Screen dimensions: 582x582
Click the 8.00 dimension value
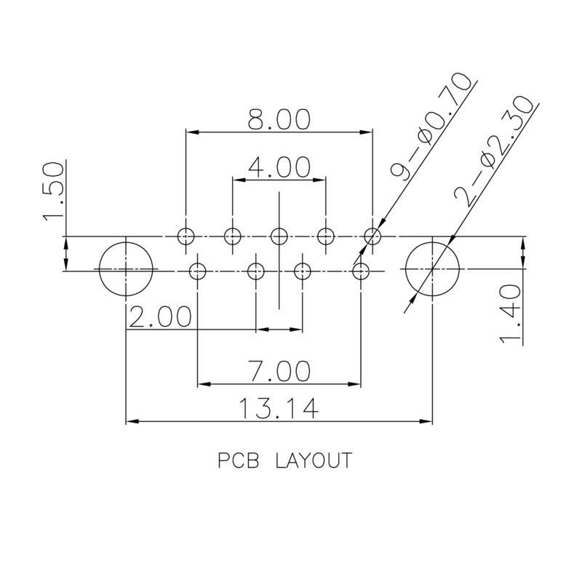279,120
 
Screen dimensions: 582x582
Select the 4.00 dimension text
279,168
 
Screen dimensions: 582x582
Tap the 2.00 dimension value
160,318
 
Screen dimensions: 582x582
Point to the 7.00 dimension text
279,372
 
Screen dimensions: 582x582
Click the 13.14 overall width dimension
279,410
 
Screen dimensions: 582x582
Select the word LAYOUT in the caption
314,461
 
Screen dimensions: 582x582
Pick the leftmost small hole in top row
186,236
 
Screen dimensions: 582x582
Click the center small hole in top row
279,236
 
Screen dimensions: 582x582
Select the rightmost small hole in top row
372,236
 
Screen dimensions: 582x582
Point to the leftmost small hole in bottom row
198,271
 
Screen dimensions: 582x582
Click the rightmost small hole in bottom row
361,271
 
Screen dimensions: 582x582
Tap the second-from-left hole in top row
233,236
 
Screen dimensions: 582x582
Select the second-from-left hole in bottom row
256,271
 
